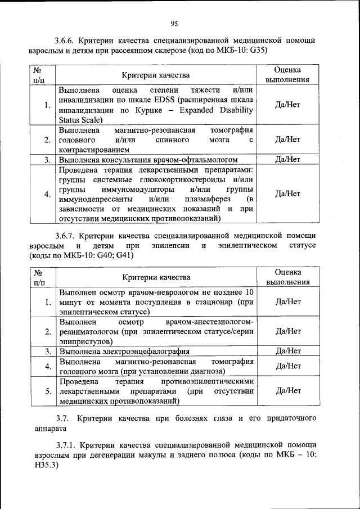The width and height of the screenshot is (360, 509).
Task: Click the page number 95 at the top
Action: (174, 23)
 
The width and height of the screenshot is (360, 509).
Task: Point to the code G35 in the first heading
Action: (256, 49)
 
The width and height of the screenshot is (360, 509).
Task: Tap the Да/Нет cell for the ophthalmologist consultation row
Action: (287, 160)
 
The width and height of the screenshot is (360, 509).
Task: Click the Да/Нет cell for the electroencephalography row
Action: (287, 352)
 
